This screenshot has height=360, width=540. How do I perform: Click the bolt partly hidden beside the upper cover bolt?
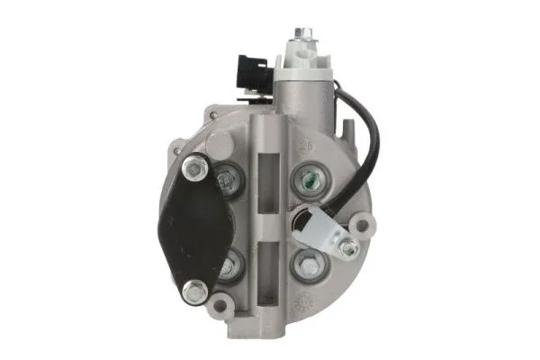(x=227, y=181)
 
